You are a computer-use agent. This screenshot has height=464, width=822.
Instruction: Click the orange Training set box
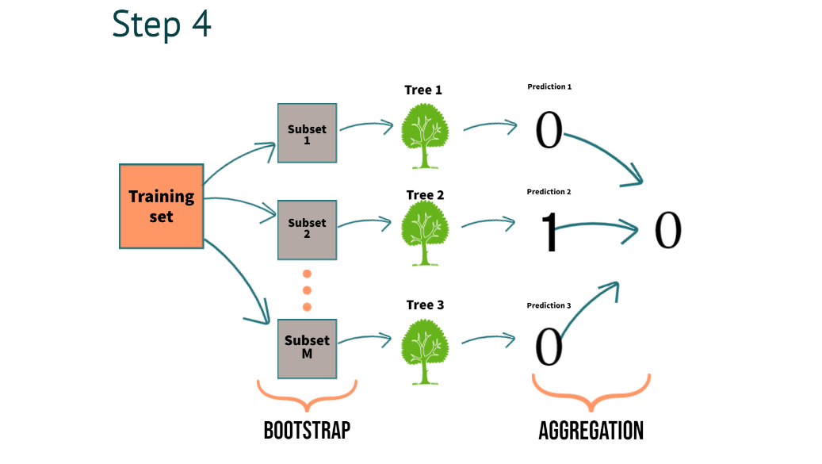(162, 206)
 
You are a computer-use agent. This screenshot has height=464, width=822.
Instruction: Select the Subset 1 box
(308, 133)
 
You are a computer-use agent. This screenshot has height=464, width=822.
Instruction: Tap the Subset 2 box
(308, 230)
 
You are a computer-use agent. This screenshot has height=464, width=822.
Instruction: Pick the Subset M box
(308, 349)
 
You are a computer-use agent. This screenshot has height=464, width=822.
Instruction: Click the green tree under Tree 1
(425, 136)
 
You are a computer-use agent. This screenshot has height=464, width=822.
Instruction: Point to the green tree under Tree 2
(425, 233)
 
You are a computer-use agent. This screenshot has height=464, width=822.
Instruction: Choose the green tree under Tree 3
(425, 352)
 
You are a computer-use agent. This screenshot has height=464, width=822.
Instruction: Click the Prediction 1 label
(549, 86)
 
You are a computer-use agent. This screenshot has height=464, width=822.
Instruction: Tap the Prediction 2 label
(549, 192)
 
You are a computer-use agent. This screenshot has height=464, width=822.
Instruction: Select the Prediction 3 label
(549, 305)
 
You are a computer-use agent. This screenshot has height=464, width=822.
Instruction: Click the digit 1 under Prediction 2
(549, 232)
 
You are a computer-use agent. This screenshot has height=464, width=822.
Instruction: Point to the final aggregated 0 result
(668, 230)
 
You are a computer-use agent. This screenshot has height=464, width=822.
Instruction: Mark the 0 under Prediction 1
(549, 130)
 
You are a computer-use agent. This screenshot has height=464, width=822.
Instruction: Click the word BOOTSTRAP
(308, 431)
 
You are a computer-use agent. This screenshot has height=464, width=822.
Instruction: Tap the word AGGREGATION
(591, 431)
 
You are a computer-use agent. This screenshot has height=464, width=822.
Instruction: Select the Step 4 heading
(162, 25)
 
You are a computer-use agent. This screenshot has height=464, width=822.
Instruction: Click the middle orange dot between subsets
(308, 290)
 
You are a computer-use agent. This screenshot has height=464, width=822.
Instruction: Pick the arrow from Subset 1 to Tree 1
(366, 125)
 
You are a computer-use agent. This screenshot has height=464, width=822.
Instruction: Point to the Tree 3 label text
(425, 305)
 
